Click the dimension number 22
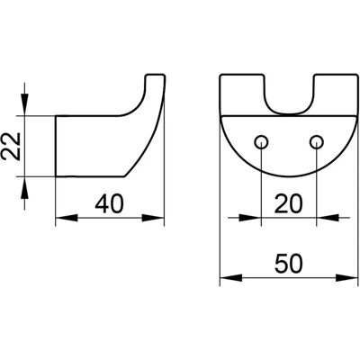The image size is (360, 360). tap(12, 146)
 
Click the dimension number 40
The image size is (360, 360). tap(109, 204)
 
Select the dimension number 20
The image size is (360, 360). tap(289, 203)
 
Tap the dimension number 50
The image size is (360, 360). tap(289, 264)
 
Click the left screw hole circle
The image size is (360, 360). tap(262, 141)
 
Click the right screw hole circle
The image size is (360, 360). tap(317, 141)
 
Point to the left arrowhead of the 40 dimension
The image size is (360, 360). tap(67, 218)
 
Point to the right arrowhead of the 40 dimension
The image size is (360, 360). tap(153, 218)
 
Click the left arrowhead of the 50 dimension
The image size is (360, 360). tap(231, 277)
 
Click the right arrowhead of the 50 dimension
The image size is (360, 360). tap(347, 277)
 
